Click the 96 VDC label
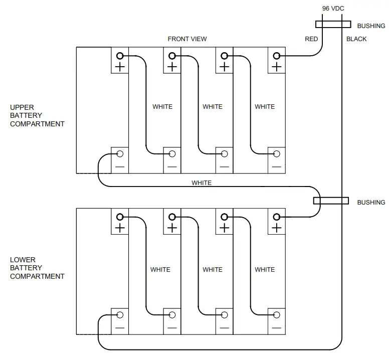pyautogui.click(x=333, y=9)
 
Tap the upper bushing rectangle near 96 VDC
pyautogui.click(x=332, y=25)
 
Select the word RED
pyautogui.click(x=311, y=39)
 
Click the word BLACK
pyautogui.click(x=356, y=39)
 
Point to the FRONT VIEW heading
pyautogui.click(x=187, y=39)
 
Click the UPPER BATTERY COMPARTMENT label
pyautogui.click(x=37, y=115)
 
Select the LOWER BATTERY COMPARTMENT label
pyautogui.click(x=37, y=268)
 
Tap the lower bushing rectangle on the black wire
pyautogui.click(x=331, y=201)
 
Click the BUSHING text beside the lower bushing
pyautogui.click(x=371, y=203)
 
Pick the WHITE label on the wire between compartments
pyautogui.click(x=202, y=183)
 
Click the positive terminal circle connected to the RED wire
pyautogui.click(x=276, y=56)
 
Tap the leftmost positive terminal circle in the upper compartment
pyautogui.click(x=120, y=56)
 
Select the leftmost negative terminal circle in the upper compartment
pyautogui.click(x=120, y=153)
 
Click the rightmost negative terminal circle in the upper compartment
pyautogui.click(x=276, y=153)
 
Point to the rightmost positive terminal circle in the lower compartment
pyautogui.click(x=276, y=217)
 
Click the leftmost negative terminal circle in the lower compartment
pyautogui.click(x=120, y=315)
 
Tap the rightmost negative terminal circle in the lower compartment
pyautogui.click(x=276, y=315)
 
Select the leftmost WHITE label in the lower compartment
pyautogui.click(x=160, y=270)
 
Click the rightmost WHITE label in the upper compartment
pyautogui.click(x=265, y=107)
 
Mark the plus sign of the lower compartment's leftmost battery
pyautogui.click(x=120, y=228)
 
